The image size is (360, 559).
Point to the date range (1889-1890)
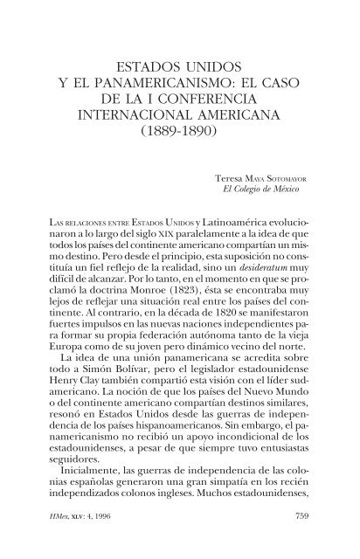click(179, 142)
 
